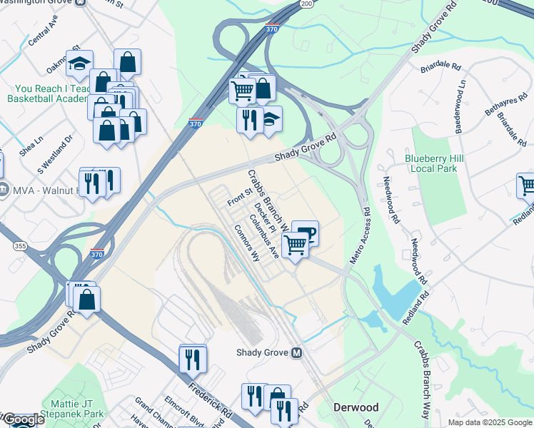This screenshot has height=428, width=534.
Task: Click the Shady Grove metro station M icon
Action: click(296, 353)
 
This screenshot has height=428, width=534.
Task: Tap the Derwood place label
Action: click(356, 407)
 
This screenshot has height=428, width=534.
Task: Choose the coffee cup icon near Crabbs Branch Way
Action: click(306, 233)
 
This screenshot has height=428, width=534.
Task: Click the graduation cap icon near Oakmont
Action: click(79, 63)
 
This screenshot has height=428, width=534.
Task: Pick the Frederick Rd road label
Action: click(211, 401)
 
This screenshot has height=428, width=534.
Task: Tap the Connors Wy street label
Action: click(246, 244)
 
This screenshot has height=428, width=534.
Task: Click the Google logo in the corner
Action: click(24, 420)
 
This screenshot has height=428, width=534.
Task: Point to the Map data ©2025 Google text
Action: click(489, 422)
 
